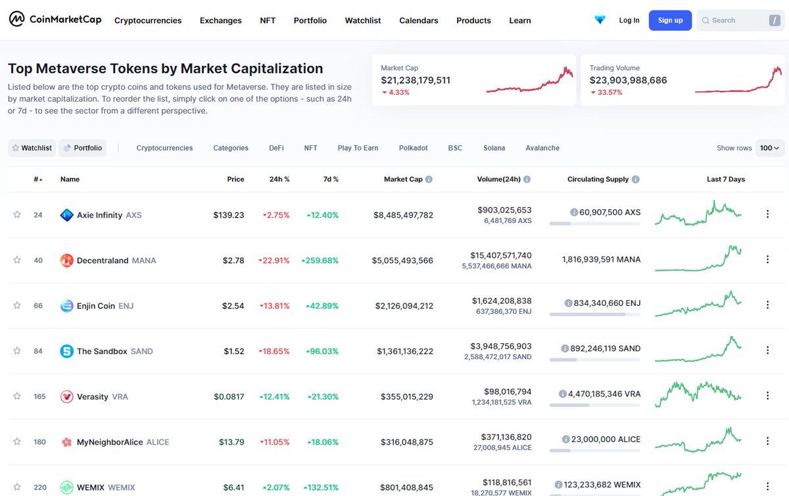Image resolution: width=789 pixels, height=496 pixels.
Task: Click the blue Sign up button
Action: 670,20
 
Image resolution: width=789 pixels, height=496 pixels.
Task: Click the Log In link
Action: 629,20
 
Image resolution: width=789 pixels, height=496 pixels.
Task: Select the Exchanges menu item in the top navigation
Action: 220,20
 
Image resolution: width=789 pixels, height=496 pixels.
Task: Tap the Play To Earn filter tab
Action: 358,148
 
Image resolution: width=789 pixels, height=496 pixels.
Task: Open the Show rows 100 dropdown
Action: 769,148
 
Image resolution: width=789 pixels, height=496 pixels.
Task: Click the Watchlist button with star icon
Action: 32,148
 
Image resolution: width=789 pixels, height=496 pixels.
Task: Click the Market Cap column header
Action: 403,179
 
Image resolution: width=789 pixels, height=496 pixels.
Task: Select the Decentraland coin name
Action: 103,260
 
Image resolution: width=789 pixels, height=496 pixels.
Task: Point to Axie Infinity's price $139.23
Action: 228,215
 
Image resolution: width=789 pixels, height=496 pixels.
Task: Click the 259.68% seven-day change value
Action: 320,260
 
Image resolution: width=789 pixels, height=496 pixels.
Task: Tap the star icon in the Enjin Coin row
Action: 17,306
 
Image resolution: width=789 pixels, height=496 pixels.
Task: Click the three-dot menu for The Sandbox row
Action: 767,351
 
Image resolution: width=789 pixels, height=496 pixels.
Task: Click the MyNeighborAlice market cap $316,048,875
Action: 406,442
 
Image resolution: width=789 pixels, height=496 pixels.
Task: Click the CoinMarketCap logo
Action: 55,20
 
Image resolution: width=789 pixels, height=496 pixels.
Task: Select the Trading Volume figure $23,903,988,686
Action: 628,80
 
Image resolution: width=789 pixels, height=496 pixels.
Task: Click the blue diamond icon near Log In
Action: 600,20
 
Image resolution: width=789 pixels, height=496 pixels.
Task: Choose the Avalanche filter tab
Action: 542,148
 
